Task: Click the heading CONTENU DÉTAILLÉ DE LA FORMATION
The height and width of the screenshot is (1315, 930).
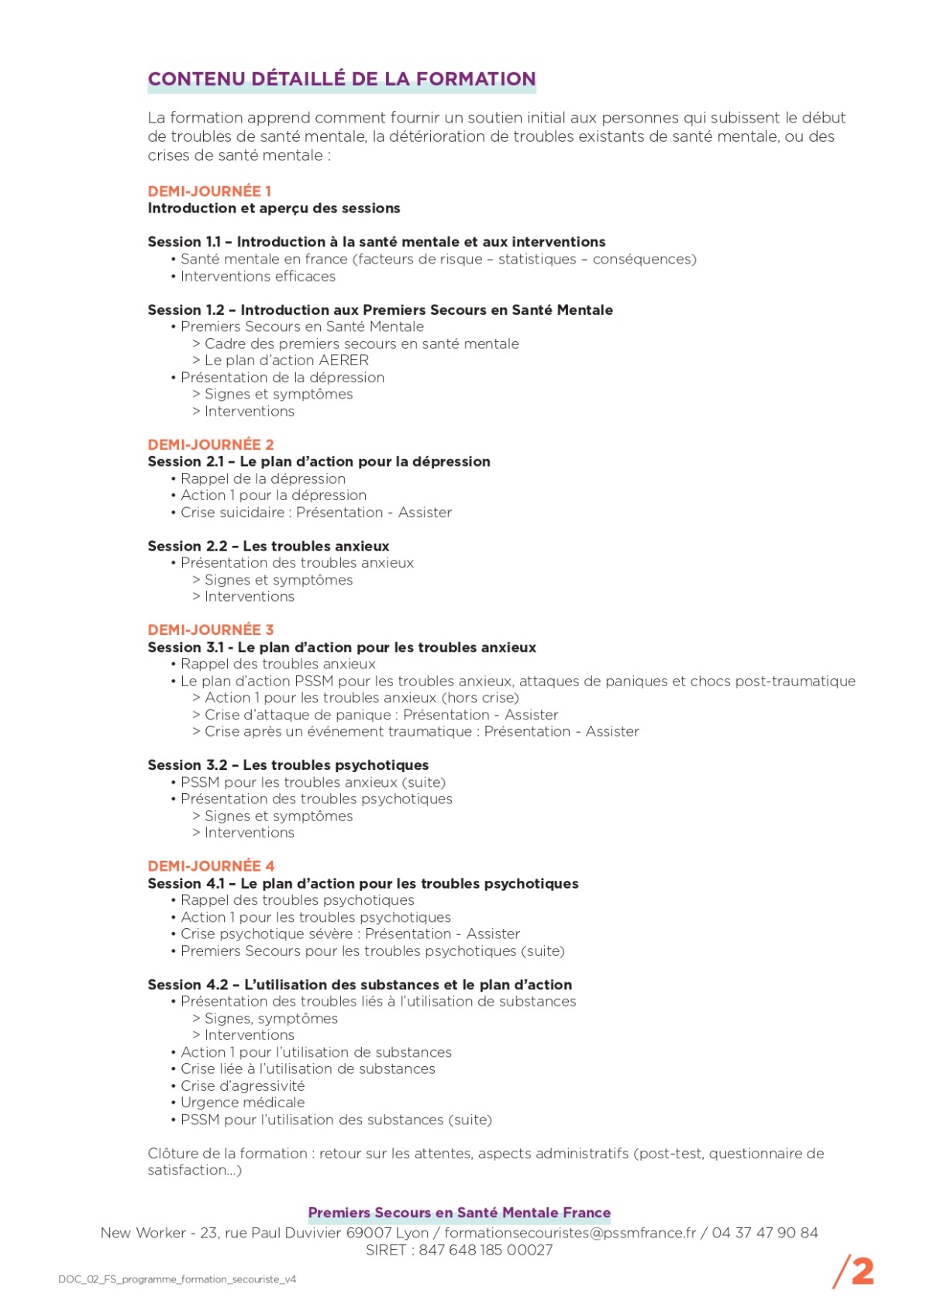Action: point(342,79)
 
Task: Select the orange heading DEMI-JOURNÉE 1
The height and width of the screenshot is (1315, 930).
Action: point(209,191)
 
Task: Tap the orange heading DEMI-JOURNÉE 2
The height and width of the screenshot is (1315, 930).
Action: point(211,444)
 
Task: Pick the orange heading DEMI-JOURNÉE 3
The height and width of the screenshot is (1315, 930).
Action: point(211,630)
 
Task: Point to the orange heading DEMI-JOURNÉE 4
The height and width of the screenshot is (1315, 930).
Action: point(211,865)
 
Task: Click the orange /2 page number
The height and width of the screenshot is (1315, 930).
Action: point(853,1272)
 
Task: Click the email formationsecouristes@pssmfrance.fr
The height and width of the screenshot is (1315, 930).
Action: point(570,1233)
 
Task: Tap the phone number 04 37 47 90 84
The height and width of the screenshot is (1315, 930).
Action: point(765,1233)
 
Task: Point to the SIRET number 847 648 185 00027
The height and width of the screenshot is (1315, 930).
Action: point(486,1250)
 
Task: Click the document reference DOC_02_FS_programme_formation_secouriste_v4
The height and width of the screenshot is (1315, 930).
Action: point(177,1279)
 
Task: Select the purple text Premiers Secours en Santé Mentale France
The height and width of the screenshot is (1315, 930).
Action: point(460,1213)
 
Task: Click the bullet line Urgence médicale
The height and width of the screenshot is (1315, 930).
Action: point(243,1103)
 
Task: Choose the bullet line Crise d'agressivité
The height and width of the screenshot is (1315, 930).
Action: point(243,1085)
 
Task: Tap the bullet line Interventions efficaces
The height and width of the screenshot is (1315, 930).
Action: point(258,276)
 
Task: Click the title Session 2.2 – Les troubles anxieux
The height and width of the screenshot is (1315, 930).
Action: point(268,546)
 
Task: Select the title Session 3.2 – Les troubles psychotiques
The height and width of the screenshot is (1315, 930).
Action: point(288,765)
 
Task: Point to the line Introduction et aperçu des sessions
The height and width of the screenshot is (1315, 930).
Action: point(274,208)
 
